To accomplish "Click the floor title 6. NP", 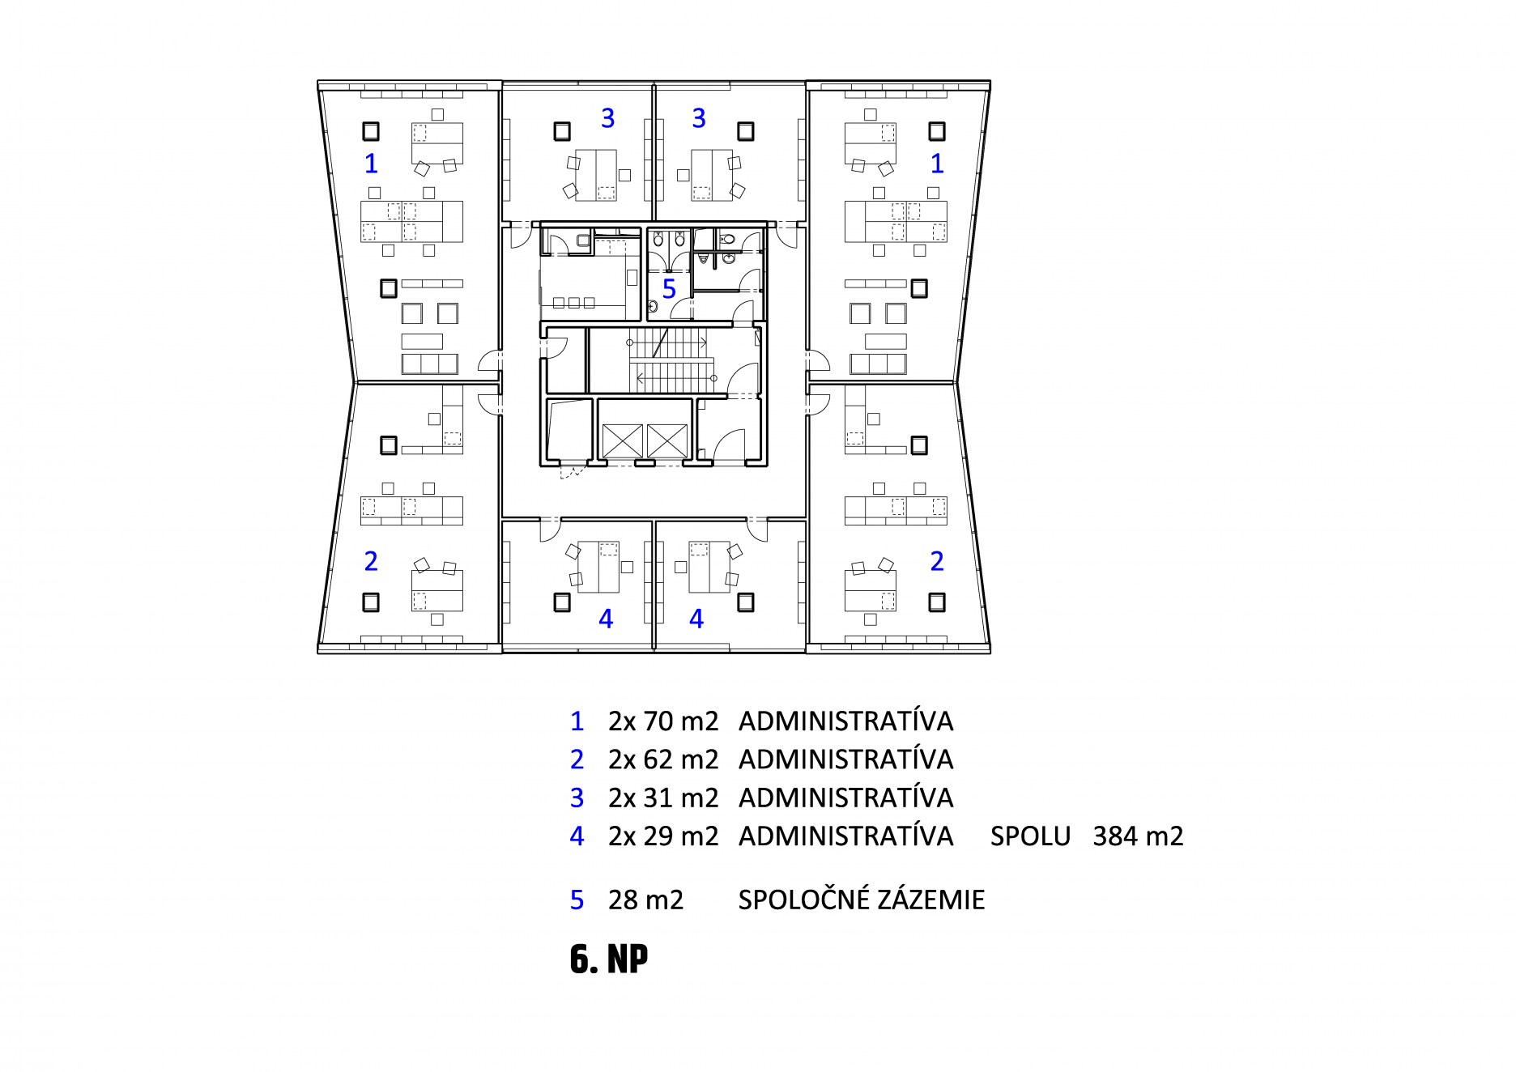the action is tap(609, 959).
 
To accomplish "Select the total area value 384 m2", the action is tap(1138, 836).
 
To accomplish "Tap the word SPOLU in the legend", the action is tap(1030, 836).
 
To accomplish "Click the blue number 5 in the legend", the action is tap(577, 900).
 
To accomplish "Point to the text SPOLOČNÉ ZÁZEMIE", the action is tap(861, 899).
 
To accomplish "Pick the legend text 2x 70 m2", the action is tap(663, 721).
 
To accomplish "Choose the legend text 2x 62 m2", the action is tap(663, 759).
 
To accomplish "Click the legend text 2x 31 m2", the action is tap(663, 798).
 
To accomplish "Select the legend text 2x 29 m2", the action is tap(663, 836).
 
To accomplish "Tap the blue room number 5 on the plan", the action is tap(669, 289).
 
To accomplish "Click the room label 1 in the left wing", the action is tap(371, 164).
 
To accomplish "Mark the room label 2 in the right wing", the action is tap(937, 561).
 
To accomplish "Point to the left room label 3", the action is tap(607, 118).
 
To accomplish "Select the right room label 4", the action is tap(696, 619).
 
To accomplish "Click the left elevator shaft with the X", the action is tap(623, 441).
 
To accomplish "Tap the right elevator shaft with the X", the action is tap(666, 441).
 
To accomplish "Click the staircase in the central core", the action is tap(671, 360).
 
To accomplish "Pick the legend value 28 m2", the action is tap(645, 900).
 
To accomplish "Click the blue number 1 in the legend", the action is tap(577, 721).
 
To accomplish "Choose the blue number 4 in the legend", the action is tap(577, 836).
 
